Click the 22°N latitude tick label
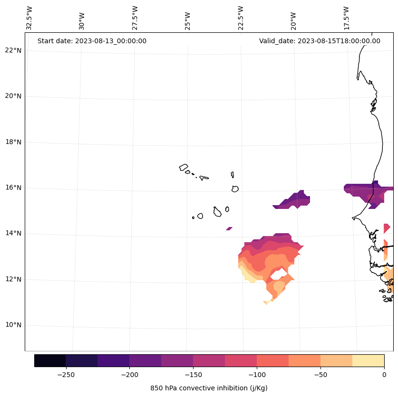pyautogui.click(x=13, y=50)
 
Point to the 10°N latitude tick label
pyautogui.click(x=13, y=325)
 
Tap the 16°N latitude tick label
pyautogui.click(x=13, y=188)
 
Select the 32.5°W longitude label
pyautogui.click(x=29, y=18)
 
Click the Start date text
pyautogui.click(x=92, y=41)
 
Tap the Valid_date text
pyautogui.click(x=320, y=41)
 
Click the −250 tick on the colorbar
pyautogui.click(x=66, y=375)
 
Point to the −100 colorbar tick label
pyautogui.click(x=257, y=375)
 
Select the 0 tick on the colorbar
pyautogui.click(x=384, y=375)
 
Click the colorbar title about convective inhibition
pyautogui.click(x=209, y=388)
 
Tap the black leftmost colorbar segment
pyautogui.click(x=50, y=360)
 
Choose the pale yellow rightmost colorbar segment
pyautogui.click(x=369, y=360)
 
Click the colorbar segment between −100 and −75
pyautogui.click(x=273, y=360)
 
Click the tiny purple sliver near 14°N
pyautogui.click(x=229, y=228)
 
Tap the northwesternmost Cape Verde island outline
pyautogui.click(x=184, y=167)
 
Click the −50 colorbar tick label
pyautogui.click(x=320, y=375)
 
